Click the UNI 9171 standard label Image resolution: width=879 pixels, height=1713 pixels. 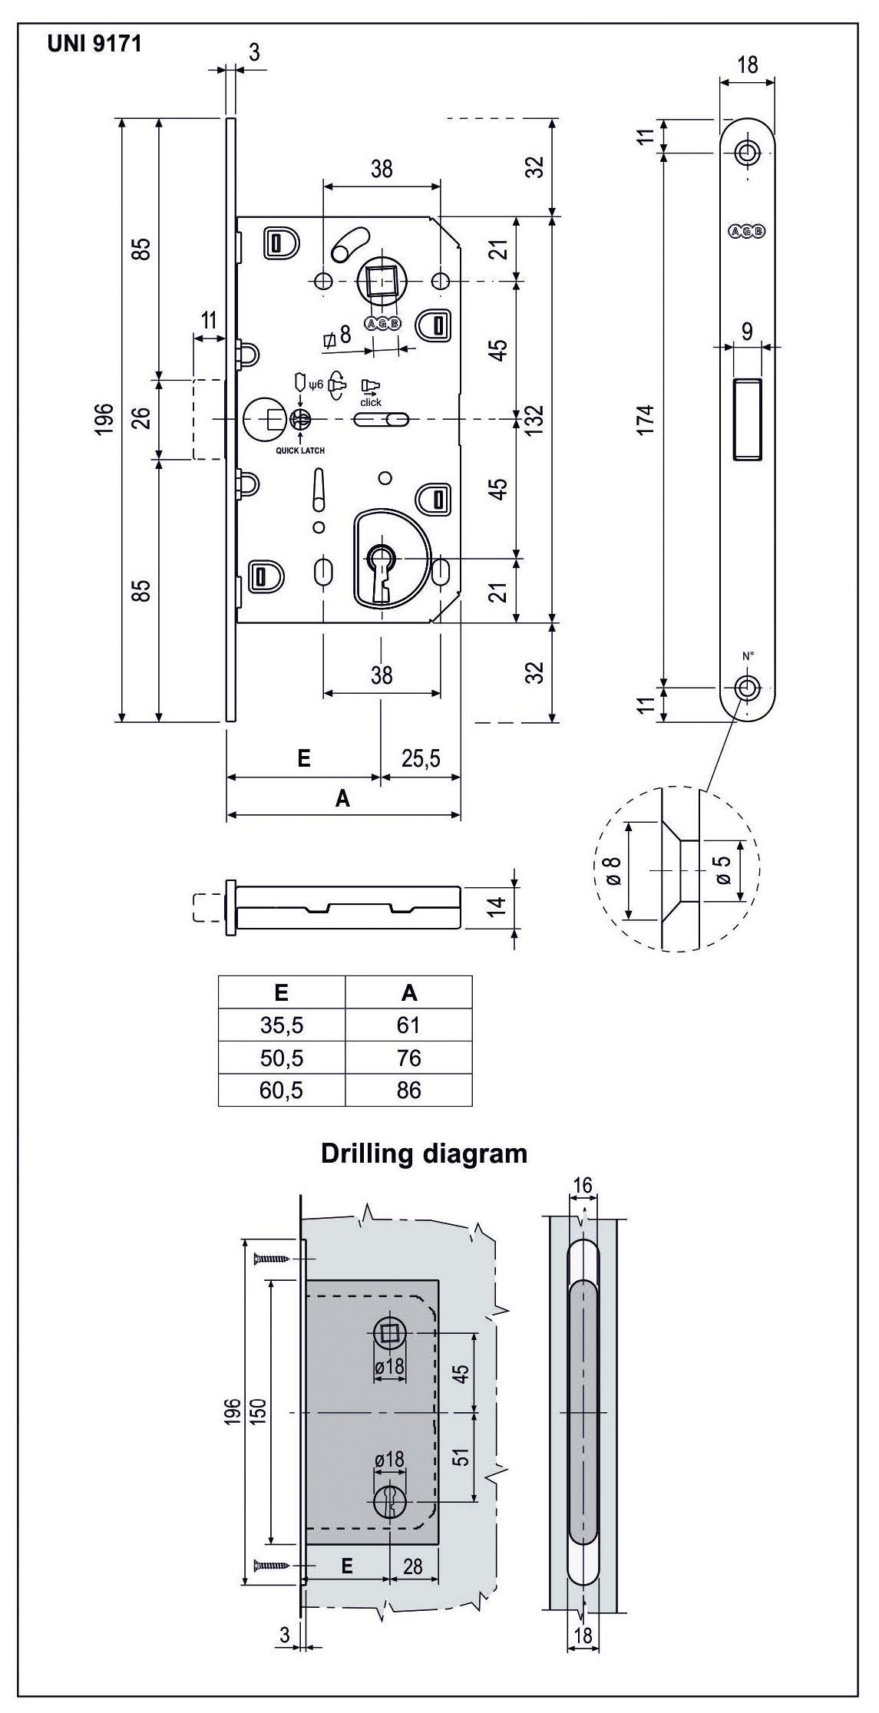(x=94, y=44)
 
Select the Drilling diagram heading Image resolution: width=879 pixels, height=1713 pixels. (x=424, y=1154)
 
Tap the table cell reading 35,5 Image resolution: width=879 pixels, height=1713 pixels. (x=281, y=1025)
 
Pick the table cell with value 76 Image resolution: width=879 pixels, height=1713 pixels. (x=408, y=1058)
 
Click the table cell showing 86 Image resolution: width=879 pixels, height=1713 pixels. (x=408, y=1091)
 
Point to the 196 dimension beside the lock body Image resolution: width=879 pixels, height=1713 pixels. (x=105, y=419)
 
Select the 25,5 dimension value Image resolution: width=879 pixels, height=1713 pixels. (x=421, y=759)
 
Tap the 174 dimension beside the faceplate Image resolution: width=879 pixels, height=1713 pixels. (x=646, y=419)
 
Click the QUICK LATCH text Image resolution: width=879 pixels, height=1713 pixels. (x=300, y=451)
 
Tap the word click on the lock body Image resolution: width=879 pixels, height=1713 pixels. (x=371, y=402)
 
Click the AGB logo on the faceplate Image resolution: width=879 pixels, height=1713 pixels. (x=746, y=230)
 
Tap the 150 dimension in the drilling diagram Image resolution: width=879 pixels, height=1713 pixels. (x=259, y=1409)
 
